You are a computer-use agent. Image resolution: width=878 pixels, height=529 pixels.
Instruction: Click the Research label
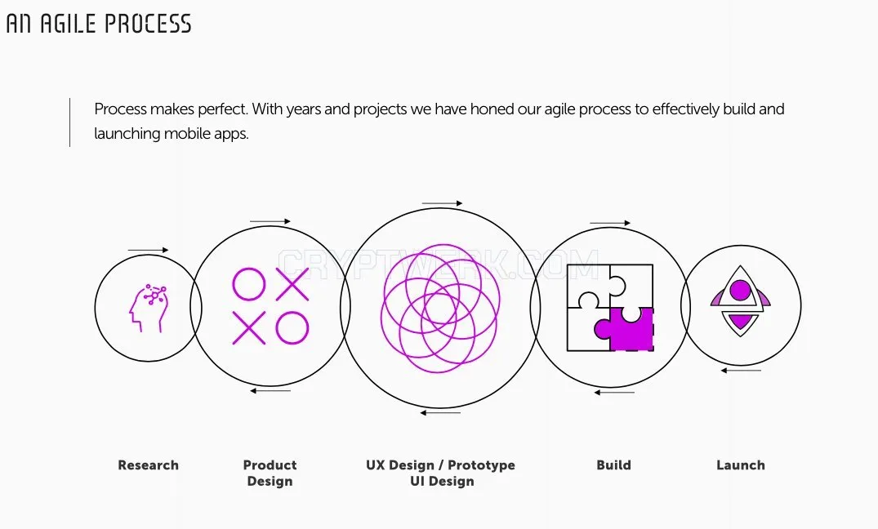tap(149, 465)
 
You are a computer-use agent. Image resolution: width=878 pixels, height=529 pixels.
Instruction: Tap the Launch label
tap(741, 465)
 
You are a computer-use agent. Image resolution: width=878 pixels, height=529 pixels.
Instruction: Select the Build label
tap(613, 465)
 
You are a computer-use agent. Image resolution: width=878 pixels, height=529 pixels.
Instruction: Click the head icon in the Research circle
tap(148, 308)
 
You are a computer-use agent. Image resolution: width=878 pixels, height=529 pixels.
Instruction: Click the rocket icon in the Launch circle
tap(740, 300)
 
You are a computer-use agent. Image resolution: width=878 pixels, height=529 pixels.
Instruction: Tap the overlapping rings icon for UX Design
tap(440, 308)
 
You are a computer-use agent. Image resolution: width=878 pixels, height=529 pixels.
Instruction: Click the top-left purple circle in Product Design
tap(248, 284)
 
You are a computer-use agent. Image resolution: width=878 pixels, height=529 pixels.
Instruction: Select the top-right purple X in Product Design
tap(292, 284)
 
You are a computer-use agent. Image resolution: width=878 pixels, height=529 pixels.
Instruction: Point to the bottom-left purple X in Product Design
tap(248, 328)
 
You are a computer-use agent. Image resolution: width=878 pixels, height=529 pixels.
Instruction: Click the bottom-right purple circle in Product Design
tap(292, 328)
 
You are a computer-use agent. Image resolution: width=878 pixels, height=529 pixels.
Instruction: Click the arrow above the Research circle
tap(148, 251)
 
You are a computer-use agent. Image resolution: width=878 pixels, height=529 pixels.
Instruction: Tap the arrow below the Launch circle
tap(741, 371)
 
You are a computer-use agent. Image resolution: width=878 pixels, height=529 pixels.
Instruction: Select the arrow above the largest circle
tap(443, 203)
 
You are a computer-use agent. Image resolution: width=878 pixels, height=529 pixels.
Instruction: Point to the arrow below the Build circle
tap(614, 393)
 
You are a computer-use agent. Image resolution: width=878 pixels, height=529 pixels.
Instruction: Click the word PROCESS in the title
tap(148, 24)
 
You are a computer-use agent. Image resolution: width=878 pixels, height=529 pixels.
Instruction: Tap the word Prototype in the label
tap(481, 465)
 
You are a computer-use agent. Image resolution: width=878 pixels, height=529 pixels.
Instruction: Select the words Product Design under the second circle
tap(270, 473)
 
